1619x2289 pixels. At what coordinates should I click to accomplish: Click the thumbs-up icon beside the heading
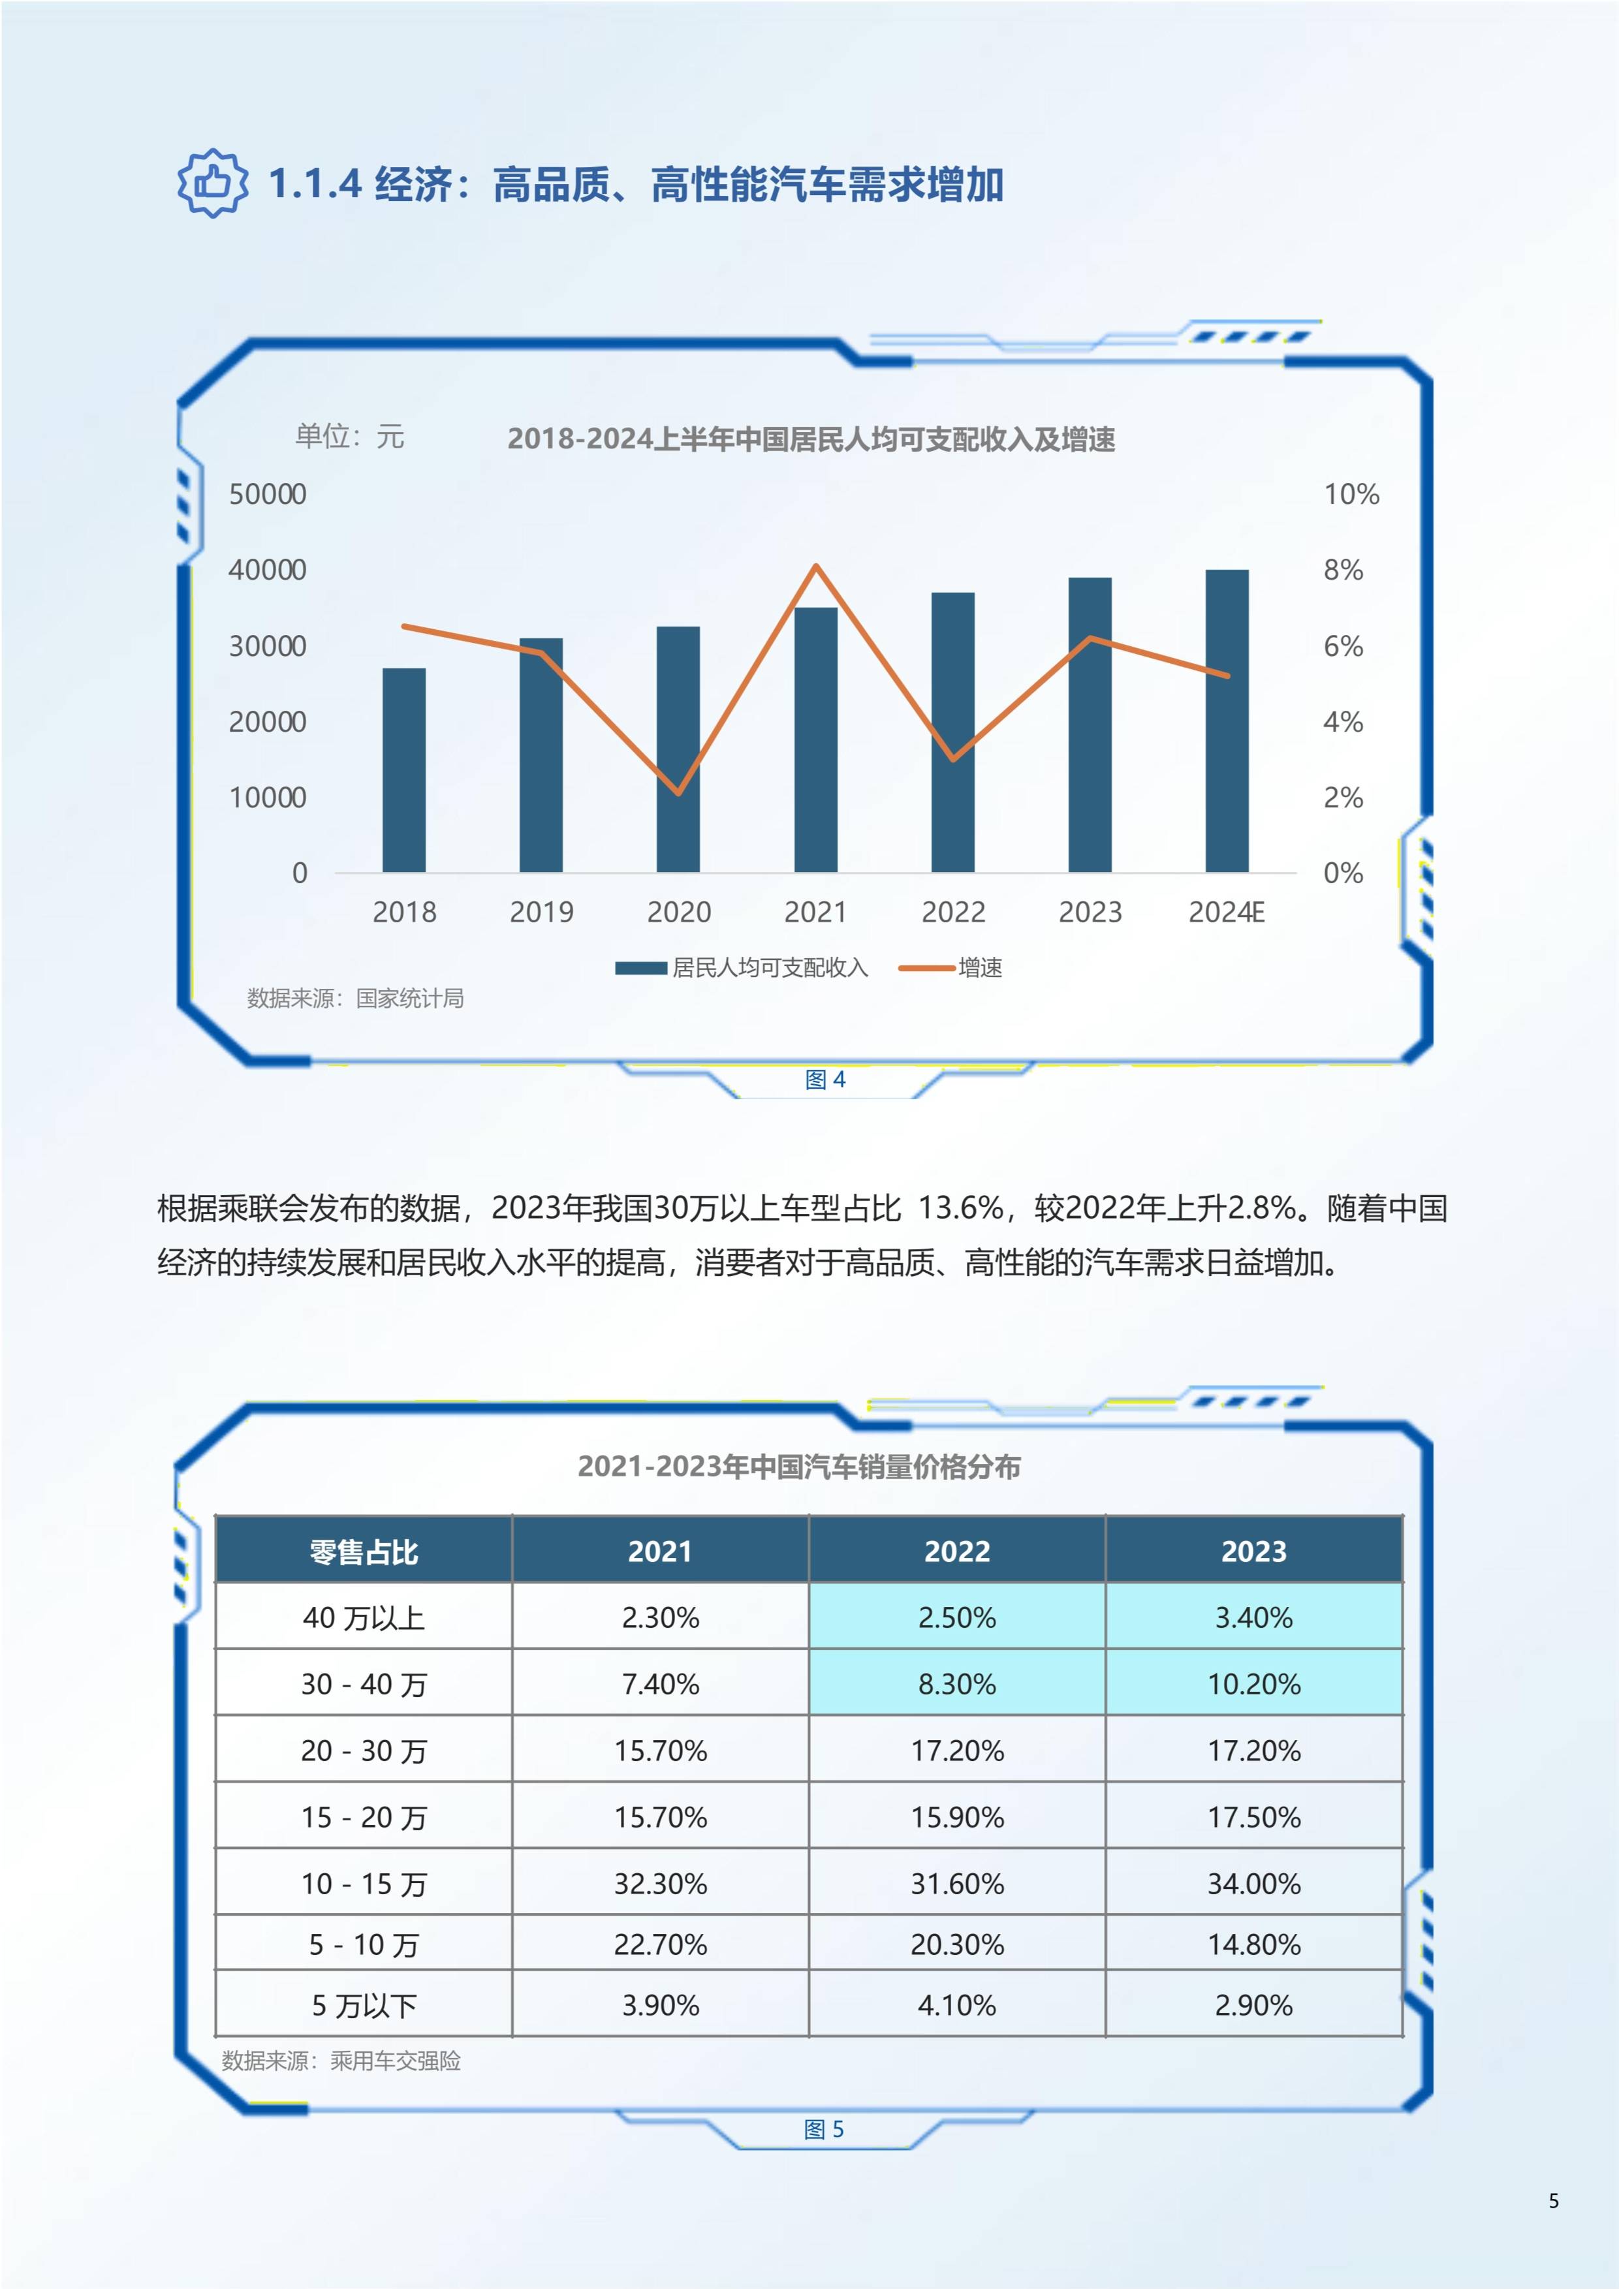[212, 183]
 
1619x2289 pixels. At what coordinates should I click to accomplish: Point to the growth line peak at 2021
[817, 567]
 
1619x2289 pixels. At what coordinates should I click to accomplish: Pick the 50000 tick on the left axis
[267, 495]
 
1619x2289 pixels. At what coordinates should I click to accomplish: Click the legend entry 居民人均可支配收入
[743, 967]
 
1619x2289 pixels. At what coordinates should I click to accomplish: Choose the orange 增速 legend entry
[952, 967]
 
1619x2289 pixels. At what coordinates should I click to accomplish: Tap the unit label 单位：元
[349, 435]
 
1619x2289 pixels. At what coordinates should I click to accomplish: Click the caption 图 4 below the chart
[825, 1080]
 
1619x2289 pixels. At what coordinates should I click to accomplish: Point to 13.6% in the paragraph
[959, 1208]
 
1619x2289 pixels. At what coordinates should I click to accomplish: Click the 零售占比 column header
[364, 1551]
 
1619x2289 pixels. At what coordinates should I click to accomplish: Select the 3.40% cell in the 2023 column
[1253, 1617]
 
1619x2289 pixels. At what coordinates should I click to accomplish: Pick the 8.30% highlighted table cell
[957, 1684]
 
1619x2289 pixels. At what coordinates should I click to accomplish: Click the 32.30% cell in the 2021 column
[660, 1883]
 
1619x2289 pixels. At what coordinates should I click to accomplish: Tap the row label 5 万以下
[364, 2005]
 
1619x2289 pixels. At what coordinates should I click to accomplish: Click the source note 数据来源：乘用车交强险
[341, 2061]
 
